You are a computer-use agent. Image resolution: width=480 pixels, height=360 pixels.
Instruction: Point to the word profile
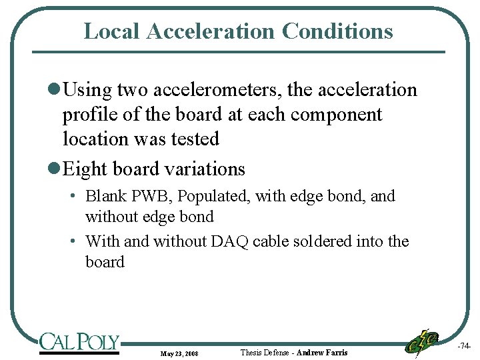coord(91,114)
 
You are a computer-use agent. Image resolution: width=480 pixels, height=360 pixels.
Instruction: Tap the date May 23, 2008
coord(179,353)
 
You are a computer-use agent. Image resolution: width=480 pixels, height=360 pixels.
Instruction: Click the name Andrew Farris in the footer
coord(322,352)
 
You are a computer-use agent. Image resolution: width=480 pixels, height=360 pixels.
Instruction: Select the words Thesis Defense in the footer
coord(264,352)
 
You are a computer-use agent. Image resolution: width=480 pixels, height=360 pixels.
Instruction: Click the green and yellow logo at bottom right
coord(422,342)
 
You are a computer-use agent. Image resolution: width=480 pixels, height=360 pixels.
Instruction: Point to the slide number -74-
coord(465,347)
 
